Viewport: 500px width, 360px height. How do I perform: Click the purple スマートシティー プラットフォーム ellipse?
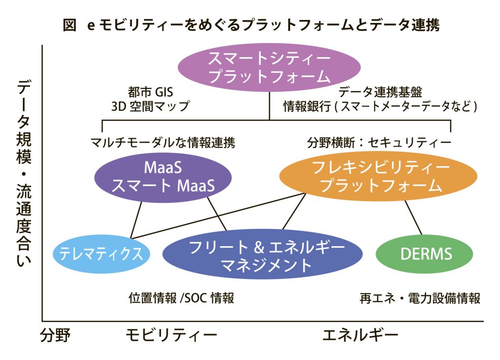pos(269,67)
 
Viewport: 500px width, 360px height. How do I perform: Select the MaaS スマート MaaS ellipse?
pos(163,177)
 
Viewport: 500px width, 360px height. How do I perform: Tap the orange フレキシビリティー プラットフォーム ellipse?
pos(378,176)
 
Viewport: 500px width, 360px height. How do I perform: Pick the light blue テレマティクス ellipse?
pos(101,254)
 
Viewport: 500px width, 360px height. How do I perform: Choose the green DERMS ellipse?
pos(424,254)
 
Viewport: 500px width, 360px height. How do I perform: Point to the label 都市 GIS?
pos(150,92)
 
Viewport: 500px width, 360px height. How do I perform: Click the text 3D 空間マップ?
pos(150,106)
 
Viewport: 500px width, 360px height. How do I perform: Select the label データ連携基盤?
pos(380,92)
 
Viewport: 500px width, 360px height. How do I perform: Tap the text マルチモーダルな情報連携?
pos(163,142)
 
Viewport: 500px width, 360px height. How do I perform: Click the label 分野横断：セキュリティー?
pos(379,142)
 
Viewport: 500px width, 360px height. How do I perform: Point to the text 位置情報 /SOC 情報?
pos(182,298)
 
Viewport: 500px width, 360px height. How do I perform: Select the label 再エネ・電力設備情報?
pos(420,298)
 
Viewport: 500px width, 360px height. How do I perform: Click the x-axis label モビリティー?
pos(171,336)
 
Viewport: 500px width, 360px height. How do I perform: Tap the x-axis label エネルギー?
pos(360,336)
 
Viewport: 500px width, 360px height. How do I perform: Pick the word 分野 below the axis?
pos(55,336)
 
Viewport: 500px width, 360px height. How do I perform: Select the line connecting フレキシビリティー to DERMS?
pos(413,217)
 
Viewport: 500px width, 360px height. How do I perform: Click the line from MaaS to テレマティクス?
pos(136,220)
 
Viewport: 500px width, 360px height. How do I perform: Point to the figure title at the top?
pos(251,24)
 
